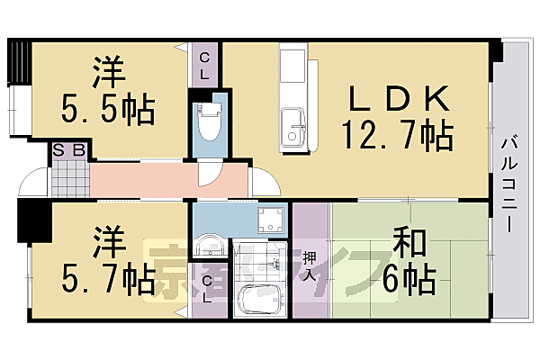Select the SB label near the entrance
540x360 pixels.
click(x=69, y=150)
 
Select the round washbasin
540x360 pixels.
click(x=208, y=246)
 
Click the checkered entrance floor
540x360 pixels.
click(x=70, y=179)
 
